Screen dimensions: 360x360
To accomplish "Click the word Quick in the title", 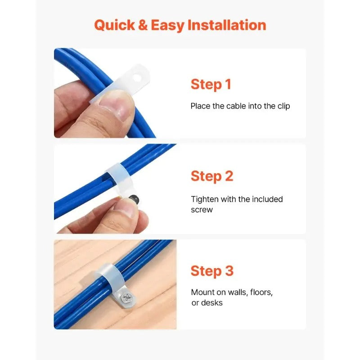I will pyautogui.click(x=114, y=25).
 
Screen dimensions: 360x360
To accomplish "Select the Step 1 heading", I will pyautogui.click(x=211, y=84).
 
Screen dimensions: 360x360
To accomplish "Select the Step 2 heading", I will pyautogui.click(x=211, y=176).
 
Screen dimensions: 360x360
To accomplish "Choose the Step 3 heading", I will pyautogui.click(x=212, y=271).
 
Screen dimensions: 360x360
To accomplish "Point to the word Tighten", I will pyautogui.click(x=204, y=199).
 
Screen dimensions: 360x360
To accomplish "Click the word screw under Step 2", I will pyautogui.click(x=202, y=210).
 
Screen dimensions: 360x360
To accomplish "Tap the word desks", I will pyautogui.click(x=212, y=303).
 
